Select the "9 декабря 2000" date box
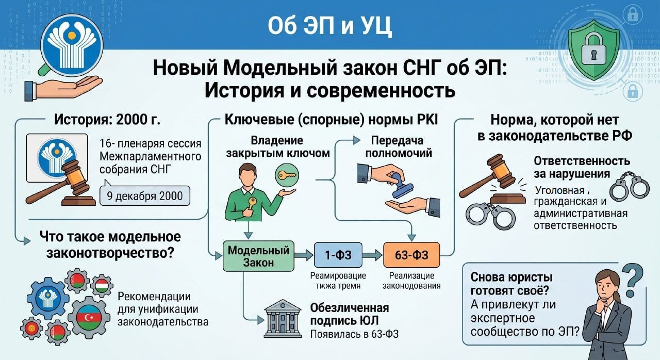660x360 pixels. pos(145,196)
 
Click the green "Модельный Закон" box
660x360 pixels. pos(258,256)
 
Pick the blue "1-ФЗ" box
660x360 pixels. pos(338,255)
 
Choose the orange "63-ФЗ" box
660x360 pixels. pos(411,255)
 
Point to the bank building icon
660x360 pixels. pos(283,318)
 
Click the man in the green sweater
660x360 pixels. pos(250,193)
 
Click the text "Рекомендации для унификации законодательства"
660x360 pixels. pos(162,309)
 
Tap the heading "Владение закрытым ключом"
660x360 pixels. pos(277,146)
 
